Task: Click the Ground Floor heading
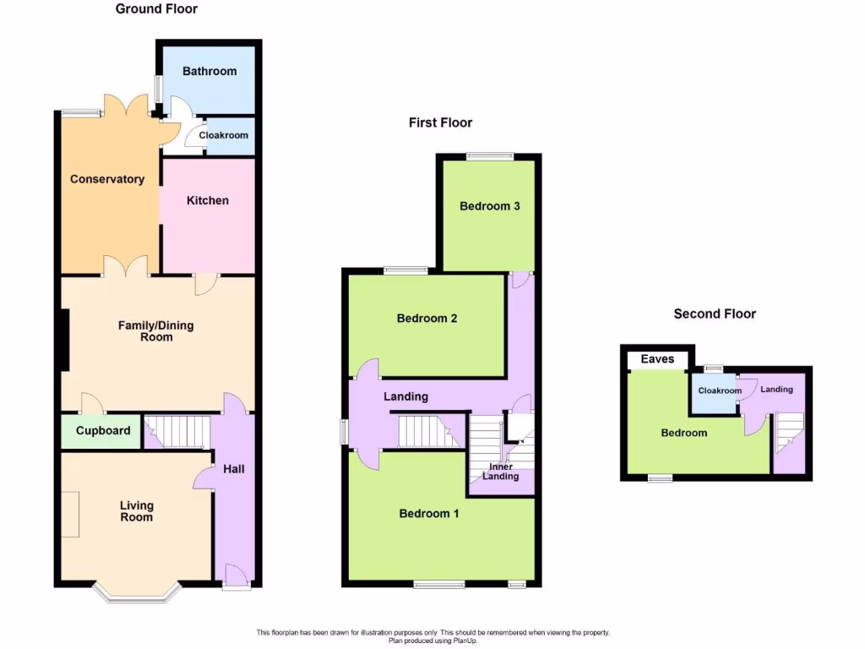(156, 9)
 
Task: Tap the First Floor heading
(440, 123)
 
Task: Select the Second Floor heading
(715, 314)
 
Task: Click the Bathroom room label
(209, 71)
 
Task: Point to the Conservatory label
(107, 179)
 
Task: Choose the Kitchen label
(207, 200)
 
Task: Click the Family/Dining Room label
(156, 330)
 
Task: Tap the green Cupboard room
(103, 431)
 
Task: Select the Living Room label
(136, 511)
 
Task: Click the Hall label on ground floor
(234, 468)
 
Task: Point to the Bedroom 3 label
(489, 206)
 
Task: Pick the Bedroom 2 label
(427, 319)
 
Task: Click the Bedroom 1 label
(429, 513)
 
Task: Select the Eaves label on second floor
(657, 359)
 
